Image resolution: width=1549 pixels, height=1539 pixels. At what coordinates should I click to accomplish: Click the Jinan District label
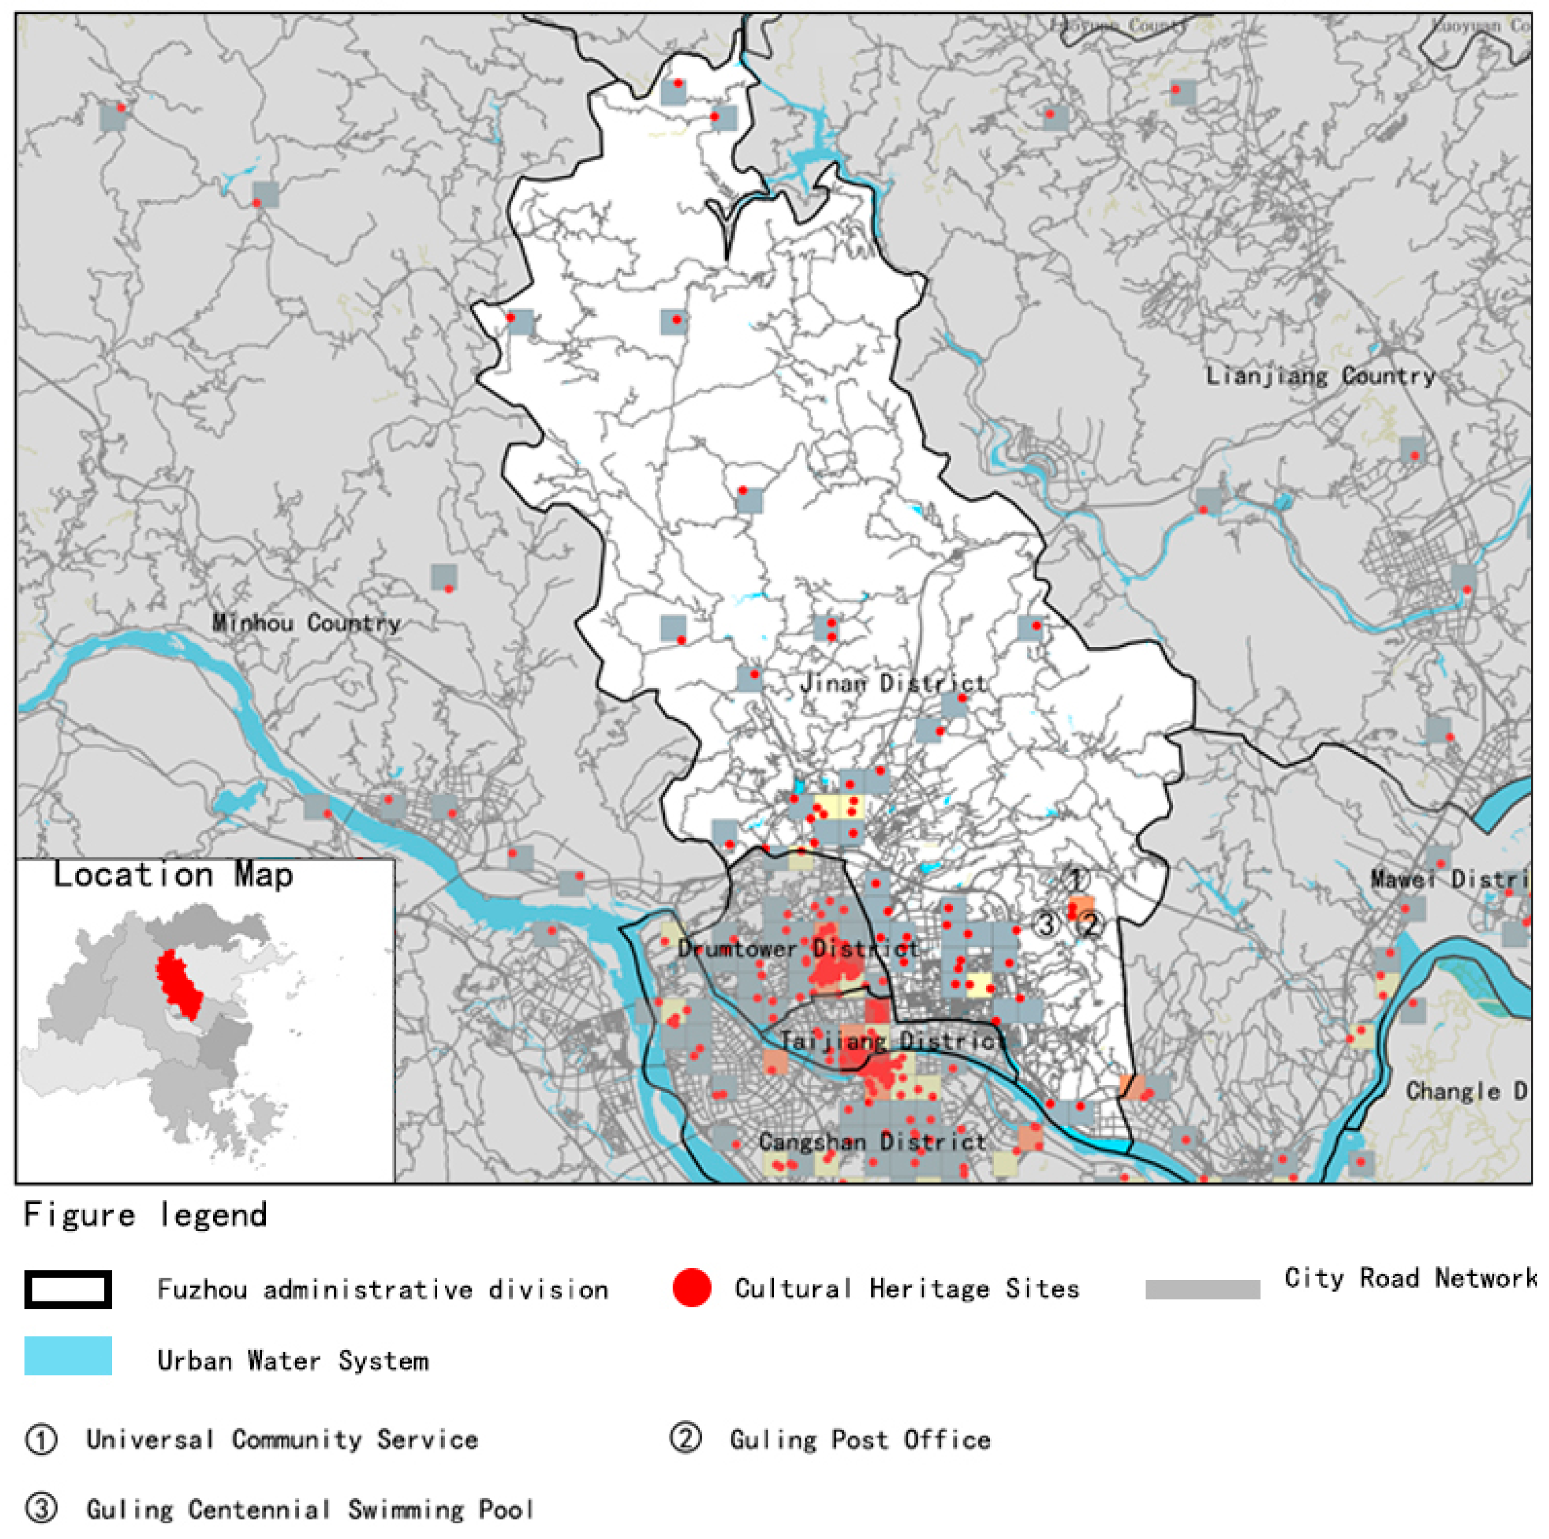(893, 684)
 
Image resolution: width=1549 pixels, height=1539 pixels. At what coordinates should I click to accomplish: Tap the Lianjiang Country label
(1321, 376)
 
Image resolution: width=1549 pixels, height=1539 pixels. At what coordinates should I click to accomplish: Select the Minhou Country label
(306, 623)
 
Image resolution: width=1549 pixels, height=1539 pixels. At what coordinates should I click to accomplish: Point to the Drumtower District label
(799, 949)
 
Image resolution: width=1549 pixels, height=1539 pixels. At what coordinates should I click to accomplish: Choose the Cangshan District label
(872, 1141)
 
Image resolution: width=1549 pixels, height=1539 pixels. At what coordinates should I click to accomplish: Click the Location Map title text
(173, 875)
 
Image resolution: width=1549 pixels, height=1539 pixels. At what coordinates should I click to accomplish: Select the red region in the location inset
(178, 982)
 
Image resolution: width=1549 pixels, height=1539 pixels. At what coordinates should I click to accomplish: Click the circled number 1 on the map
(1077, 879)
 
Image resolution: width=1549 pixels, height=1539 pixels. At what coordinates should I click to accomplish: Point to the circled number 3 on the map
(1046, 925)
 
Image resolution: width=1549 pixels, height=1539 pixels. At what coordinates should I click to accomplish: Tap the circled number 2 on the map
(1090, 925)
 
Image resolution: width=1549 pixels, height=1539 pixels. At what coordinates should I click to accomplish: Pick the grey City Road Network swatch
(1202, 1289)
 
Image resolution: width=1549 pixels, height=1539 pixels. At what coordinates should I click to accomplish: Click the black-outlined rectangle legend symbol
(68, 1289)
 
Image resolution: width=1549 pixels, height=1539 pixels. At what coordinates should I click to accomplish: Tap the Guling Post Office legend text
(860, 1439)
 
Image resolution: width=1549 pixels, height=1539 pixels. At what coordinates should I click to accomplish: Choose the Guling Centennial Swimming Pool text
(309, 1509)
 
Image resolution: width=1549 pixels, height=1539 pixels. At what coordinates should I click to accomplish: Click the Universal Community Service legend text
(281, 1439)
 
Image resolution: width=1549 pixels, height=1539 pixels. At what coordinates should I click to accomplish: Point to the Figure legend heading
(145, 1215)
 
